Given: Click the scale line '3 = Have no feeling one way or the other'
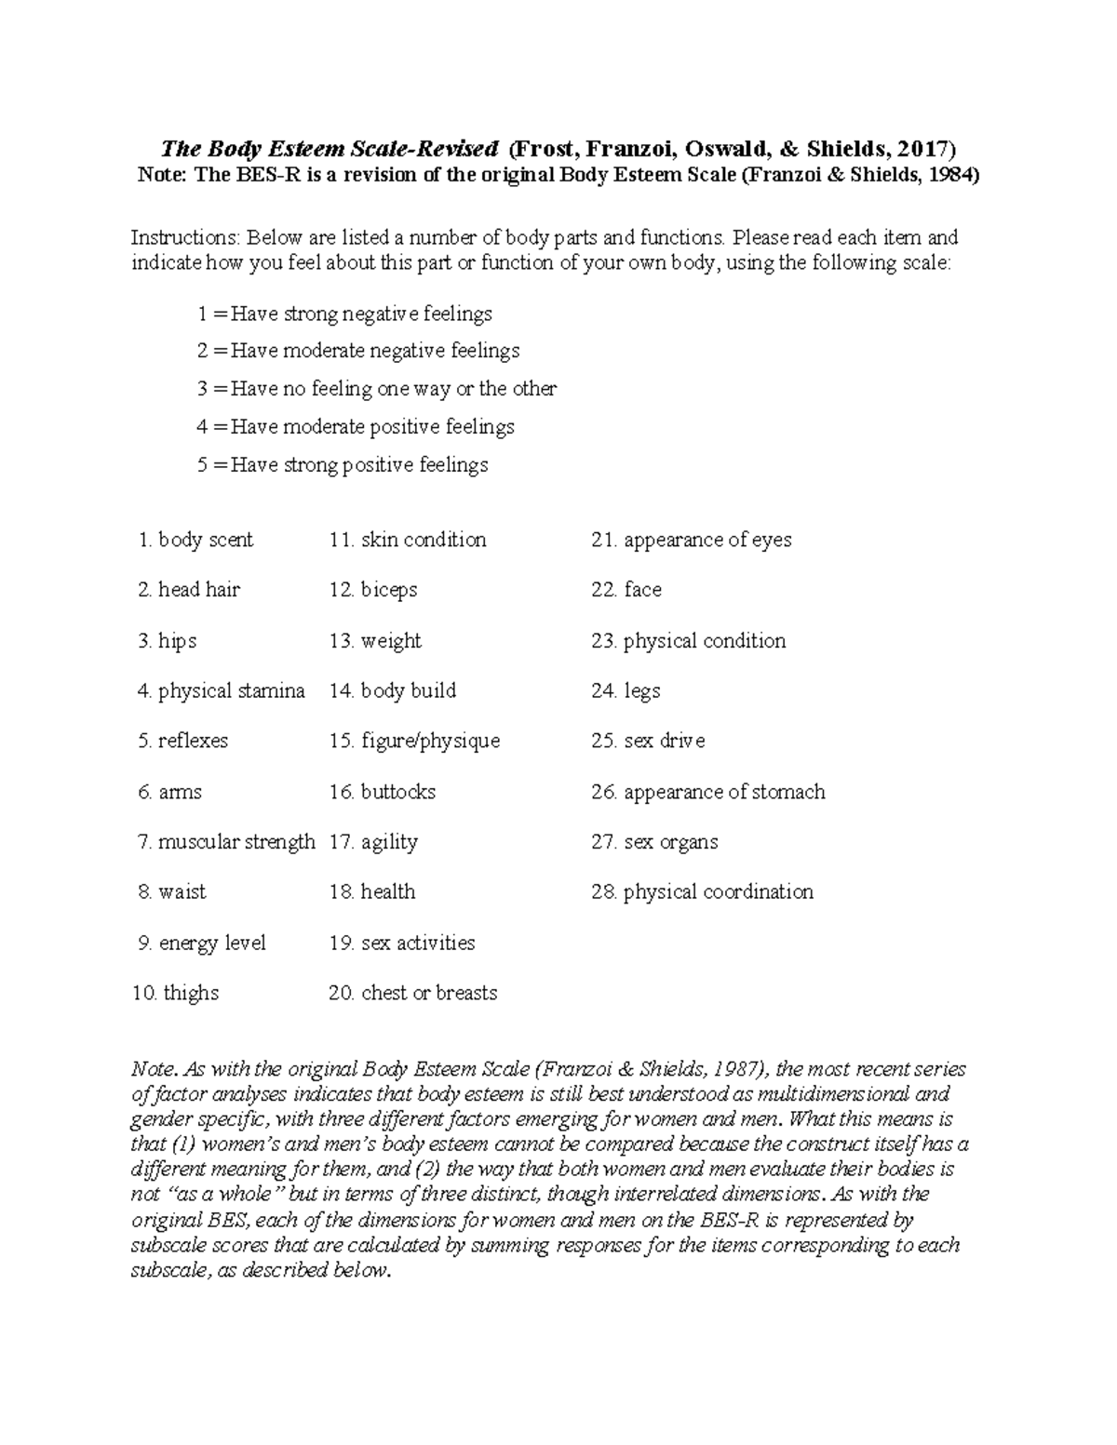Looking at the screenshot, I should point(377,389).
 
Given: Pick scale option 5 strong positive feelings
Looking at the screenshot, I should point(343,464).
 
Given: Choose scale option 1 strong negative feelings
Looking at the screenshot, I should point(345,314).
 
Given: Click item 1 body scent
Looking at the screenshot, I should point(195,540).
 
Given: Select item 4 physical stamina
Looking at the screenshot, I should point(222,690).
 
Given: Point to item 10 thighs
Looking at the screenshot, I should point(176,993).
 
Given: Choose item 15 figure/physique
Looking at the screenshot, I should point(414,741).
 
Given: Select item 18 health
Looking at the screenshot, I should point(372,891).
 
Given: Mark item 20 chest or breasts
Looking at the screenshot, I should point(413,993).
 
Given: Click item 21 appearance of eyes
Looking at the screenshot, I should point(692,540).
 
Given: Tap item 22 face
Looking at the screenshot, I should point(626,590).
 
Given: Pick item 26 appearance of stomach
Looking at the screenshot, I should point(708,792).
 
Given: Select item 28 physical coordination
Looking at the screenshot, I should point(703,891).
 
